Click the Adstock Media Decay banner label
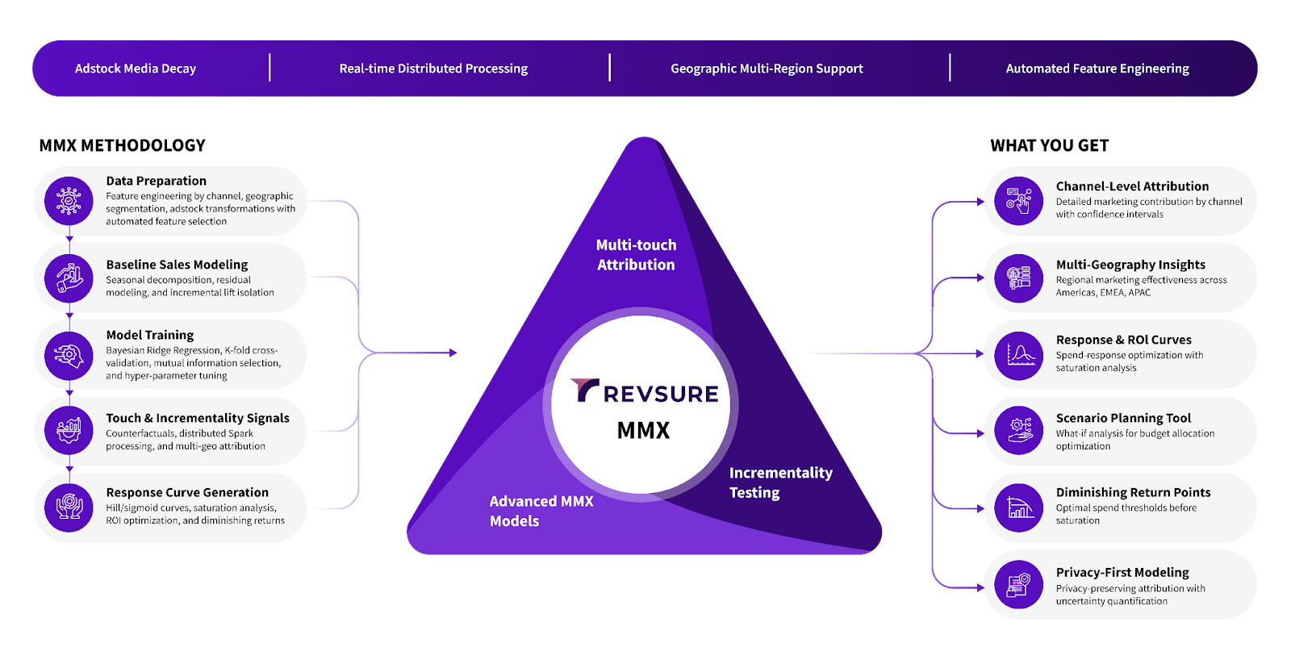coord(136,69)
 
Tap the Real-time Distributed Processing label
coord(433,69)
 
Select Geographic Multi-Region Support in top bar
coord(767,69)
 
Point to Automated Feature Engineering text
coord(1097,69)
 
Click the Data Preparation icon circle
coord(69,201)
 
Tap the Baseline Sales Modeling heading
coord(177,265)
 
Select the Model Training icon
coord(69,355)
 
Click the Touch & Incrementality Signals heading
coord(198,418)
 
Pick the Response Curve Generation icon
coord(69,508)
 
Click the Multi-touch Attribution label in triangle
coord(636,254)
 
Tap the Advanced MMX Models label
coord(541,511)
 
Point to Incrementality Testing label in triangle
coord(780,482)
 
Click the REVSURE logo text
coord(645,392)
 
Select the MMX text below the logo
coord(643,430)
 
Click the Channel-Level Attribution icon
coord(1019,201)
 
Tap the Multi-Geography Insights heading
coord(1130,265)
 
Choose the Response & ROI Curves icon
coord(1019,355)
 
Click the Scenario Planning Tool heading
coord(1123,418)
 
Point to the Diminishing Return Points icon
coord(1019,508)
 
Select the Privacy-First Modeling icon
coord(1019,585)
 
